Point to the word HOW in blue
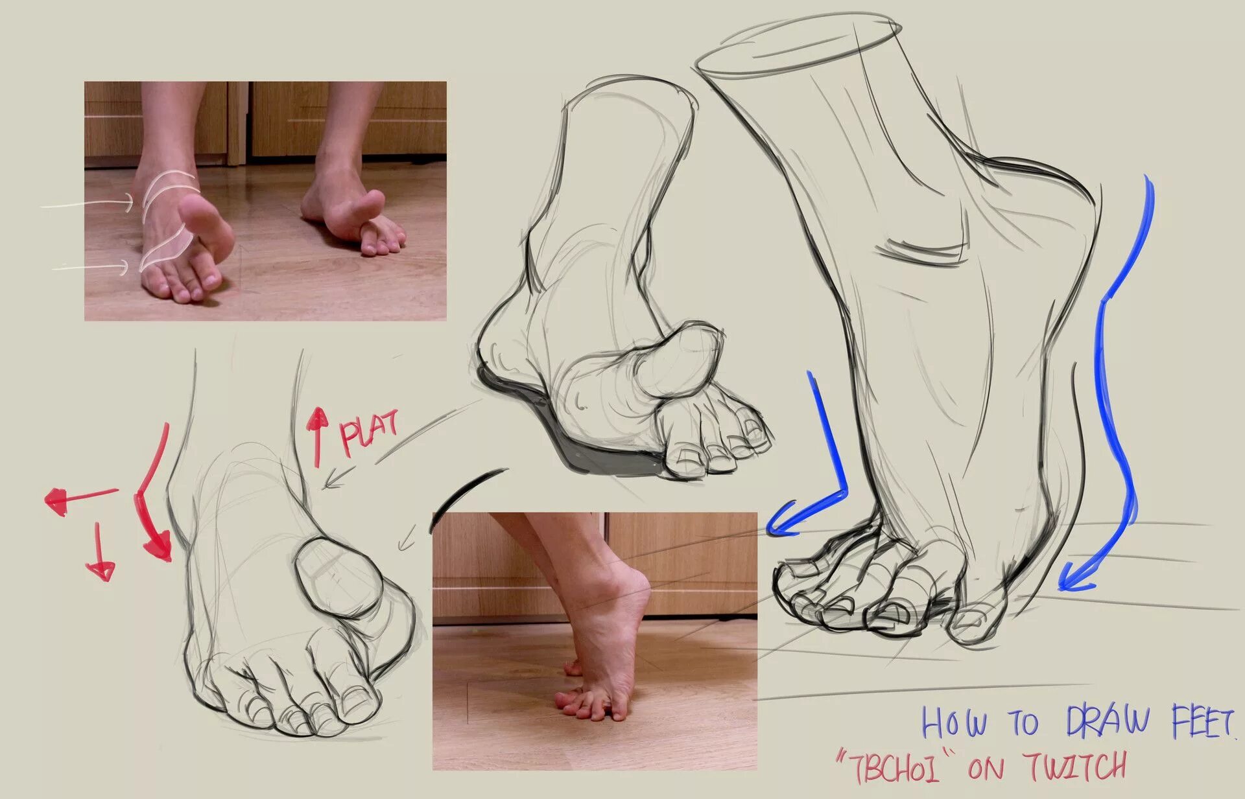pyautogui.click(x=954, y=723)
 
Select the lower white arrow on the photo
pyautogui.click(x=91, y=266)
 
